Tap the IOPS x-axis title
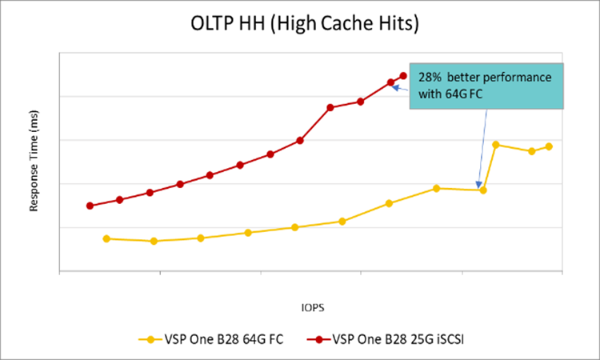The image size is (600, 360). coord(312,306)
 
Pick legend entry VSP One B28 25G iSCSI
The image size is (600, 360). coord(390,338)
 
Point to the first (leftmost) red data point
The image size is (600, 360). coord(90,206)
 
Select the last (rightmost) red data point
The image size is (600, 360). coord(403,76)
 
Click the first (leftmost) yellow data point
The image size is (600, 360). coord(106,238)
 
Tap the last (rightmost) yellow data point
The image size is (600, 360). coord(549,146)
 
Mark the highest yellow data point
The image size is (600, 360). coord(496,145)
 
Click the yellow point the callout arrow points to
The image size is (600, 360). coord(483,190)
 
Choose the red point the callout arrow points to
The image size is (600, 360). coord(390,82)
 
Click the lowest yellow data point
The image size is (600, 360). coord(154,241)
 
